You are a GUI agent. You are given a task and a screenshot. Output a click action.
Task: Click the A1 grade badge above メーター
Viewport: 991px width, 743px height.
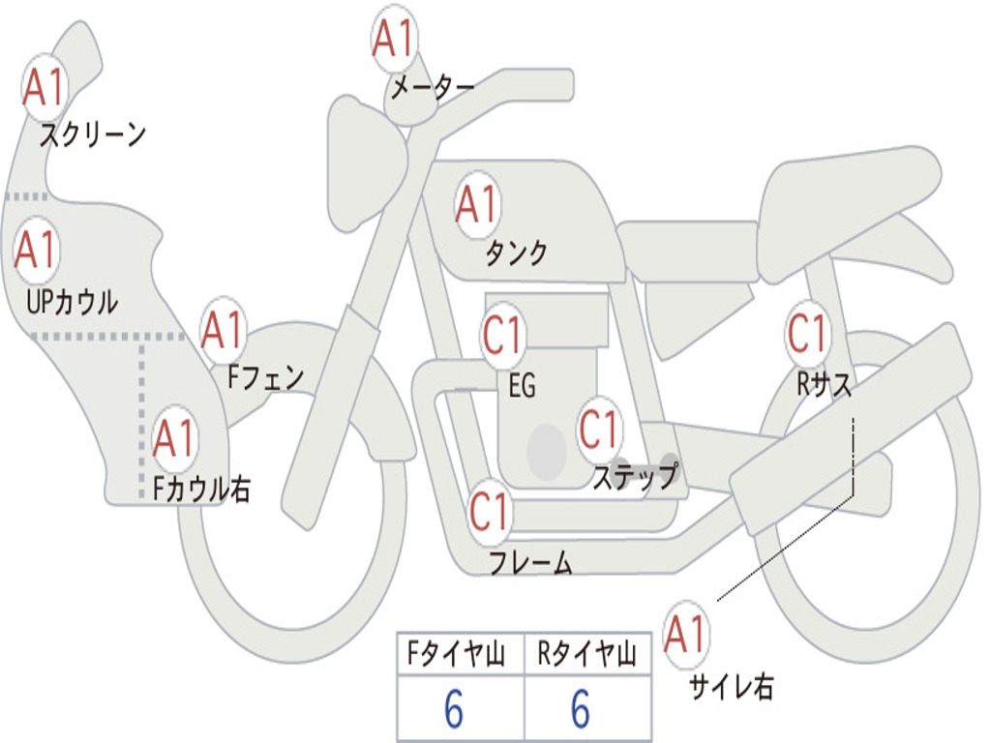pyautogui.click(x=395, y=40)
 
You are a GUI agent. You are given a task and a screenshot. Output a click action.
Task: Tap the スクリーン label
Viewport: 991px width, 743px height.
pyautogui.click(x=93, y=134)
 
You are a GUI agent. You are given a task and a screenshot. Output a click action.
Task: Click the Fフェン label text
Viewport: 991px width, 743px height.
pyautogui.click(x=265, y=376)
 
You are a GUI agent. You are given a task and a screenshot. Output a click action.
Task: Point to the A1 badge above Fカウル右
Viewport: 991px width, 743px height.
pyautogui.click(x=175, y=439)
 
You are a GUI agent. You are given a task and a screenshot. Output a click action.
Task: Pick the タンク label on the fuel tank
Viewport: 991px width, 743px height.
pyautogui.click(x=516, y=253)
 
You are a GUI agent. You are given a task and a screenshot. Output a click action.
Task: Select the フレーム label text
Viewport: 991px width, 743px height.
pyautogui.click(x=530, y=562)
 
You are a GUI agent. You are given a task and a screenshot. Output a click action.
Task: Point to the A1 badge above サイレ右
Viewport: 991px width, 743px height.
pyautogui.click(x=686, y=635)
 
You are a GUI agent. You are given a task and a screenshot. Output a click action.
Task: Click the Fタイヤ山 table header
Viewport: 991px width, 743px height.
pyautogui.click(x=459, y=656)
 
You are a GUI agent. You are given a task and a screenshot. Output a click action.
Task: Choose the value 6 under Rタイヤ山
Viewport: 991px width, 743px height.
pyautogui.click(x=581, y=710)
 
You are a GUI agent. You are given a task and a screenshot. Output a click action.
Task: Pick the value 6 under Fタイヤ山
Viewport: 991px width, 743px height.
pyautogui.click(x=454, y=710)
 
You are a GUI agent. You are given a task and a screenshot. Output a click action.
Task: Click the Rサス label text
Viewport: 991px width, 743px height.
pyautogui.click(x=825, y=385)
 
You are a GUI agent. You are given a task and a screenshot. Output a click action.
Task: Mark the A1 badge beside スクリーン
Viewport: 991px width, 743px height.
pyautogui.click(x=45, y=88)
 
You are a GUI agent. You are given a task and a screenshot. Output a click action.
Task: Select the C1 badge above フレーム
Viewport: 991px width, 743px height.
pyautogui.click(x=490, y=510)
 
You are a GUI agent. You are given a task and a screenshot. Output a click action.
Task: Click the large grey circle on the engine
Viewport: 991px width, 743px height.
pyautogui.click(x=547, y=450)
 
